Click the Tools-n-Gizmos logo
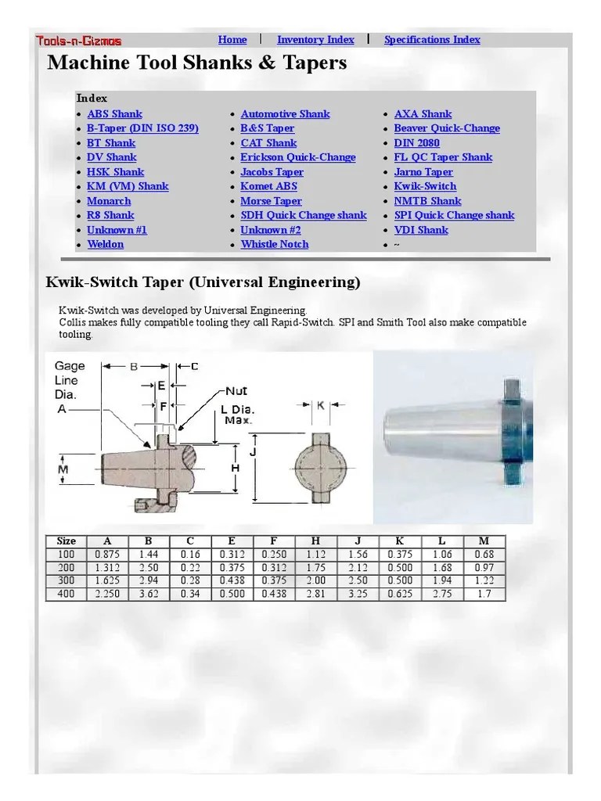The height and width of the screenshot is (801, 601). click(x=78, y=41)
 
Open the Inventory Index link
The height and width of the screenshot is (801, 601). click(x=315, y=40)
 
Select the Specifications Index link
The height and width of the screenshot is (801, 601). click(x=432, y=40)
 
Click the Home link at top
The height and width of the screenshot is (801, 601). click(x=232, y=40)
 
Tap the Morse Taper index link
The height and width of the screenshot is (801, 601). click(x=271, y=201)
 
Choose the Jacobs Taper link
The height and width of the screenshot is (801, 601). click(x=272, y=172)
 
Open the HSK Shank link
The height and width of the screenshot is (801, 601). click(x=115, y=172)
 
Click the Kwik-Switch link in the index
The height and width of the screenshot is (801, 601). click(x=425, y=186)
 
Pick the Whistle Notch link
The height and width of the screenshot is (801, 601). click(x=275, y=244)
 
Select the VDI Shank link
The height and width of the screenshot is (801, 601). click(x=421, y=230)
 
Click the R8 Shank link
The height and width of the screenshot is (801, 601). click(x=110, y=215)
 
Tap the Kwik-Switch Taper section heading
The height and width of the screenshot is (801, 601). click(x=203, y=282)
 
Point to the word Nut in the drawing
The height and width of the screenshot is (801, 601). click(x=236, y=390)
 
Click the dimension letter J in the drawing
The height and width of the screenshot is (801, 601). click(x=254, y=452)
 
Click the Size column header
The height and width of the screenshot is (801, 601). click(x=67, y=541)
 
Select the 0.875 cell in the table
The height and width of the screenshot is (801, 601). click(x=108, y=555)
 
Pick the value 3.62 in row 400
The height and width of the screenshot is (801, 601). click(x=149, y=594)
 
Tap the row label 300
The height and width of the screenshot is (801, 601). click(x=67, y=580)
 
